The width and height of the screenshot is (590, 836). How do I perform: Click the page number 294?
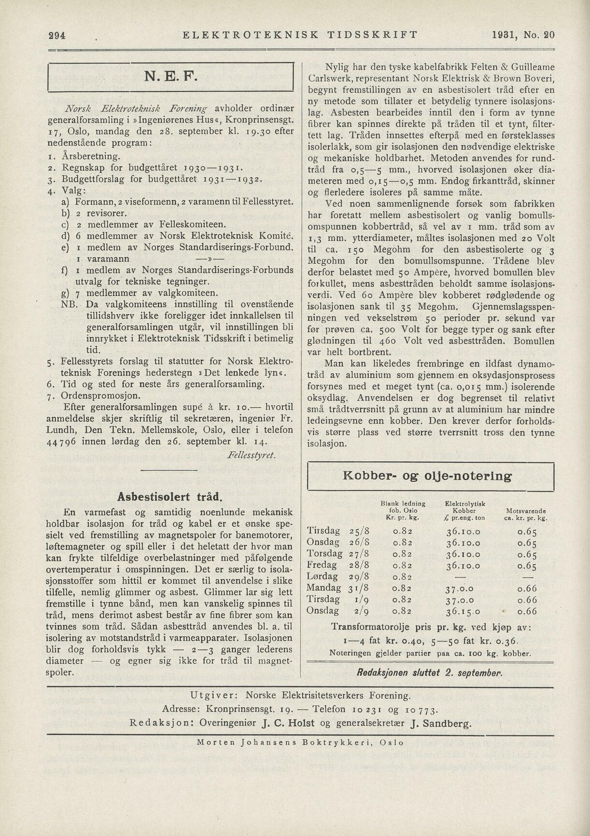pos(56,35)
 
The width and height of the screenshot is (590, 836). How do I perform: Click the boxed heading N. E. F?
pos(171,77)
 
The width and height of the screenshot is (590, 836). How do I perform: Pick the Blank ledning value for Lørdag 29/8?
pos(402,576)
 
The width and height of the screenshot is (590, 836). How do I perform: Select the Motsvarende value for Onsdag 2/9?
pos(527,611)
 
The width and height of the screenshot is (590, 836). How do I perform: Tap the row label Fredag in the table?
pos(322,565)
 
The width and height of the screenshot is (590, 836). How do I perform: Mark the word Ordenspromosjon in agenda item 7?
pos(101,396)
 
